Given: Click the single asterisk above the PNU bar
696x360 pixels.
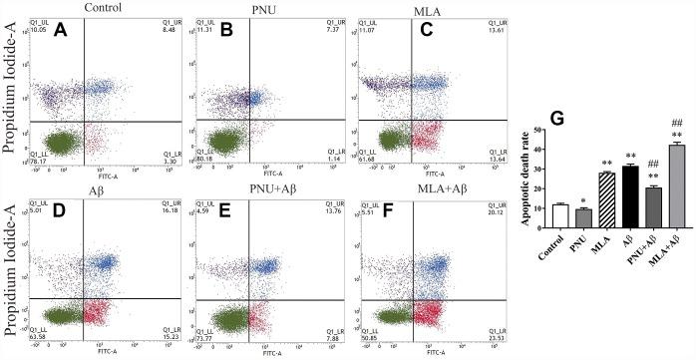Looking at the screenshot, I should (582, 200).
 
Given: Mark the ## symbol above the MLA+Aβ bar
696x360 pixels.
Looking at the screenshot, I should (677, 124).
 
